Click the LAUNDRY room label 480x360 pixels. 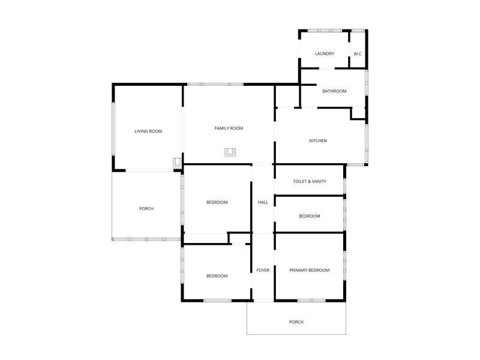pos(325,53)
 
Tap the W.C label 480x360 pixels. pos(358,54)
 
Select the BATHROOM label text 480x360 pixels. pos(334,91)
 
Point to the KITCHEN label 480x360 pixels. pos(318,141)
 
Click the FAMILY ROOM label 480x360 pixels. pos(229,128)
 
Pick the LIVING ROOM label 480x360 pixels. pos(148,131)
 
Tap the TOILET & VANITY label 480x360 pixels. pos(310,182)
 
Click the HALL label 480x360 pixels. pos(263,202)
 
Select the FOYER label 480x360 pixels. pos(263,271)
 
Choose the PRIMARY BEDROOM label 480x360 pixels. pos(310,271)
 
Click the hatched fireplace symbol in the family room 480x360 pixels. pos(230,152)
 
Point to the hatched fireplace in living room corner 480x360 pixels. pos(177,163)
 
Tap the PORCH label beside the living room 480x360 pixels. pos(146,209)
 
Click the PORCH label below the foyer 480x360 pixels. pos(296,322)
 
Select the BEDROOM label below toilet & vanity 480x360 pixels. pos(310,216)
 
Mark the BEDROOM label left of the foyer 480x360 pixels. pos(217,276)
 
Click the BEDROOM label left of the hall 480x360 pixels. pos(217,202)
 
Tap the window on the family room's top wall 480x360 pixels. pos(215,84)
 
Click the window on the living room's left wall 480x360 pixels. pos(113,129)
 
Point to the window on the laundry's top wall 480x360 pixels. pos(325,31)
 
